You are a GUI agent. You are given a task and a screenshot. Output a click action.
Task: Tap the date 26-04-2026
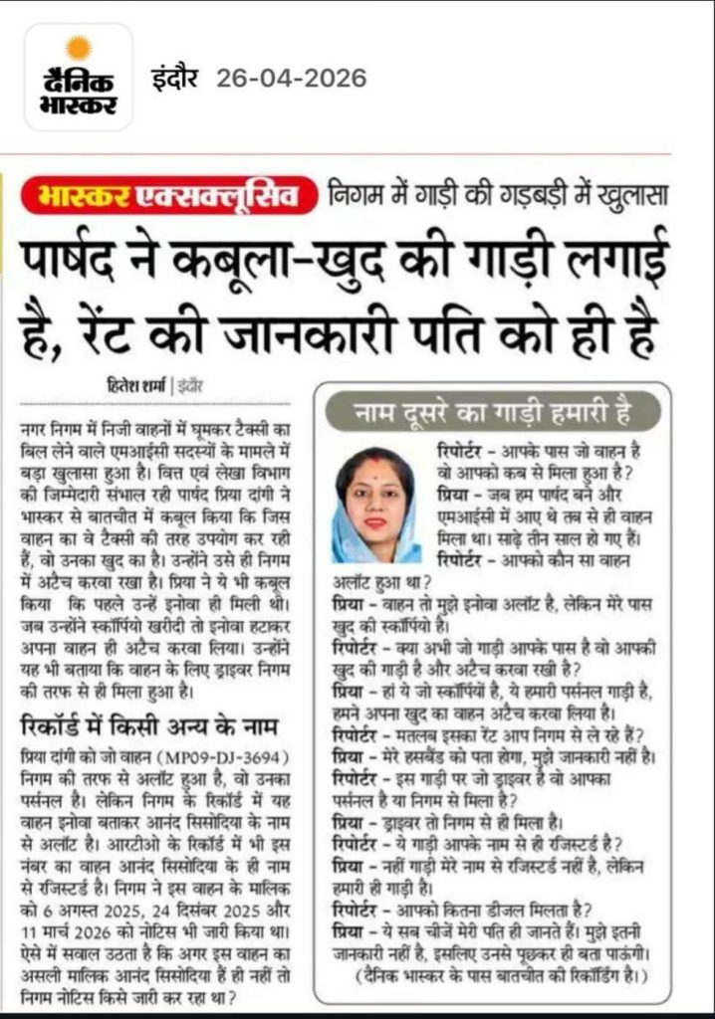[300, 78]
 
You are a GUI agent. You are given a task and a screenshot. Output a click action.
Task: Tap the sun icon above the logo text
[78, 47]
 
